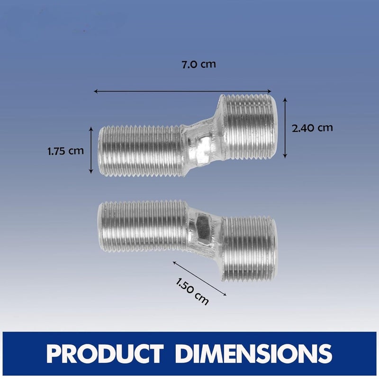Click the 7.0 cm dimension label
(x=199, y=64)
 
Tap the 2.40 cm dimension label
(x=312, y=128)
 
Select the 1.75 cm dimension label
(x=65, y=151)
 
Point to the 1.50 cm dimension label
(x=192, y=292)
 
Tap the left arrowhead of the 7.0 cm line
(x=95, y=91)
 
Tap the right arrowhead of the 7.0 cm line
(x=270, y=91)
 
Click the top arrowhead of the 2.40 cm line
(x=285, y=99)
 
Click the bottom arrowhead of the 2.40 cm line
(x=285, y=156)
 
